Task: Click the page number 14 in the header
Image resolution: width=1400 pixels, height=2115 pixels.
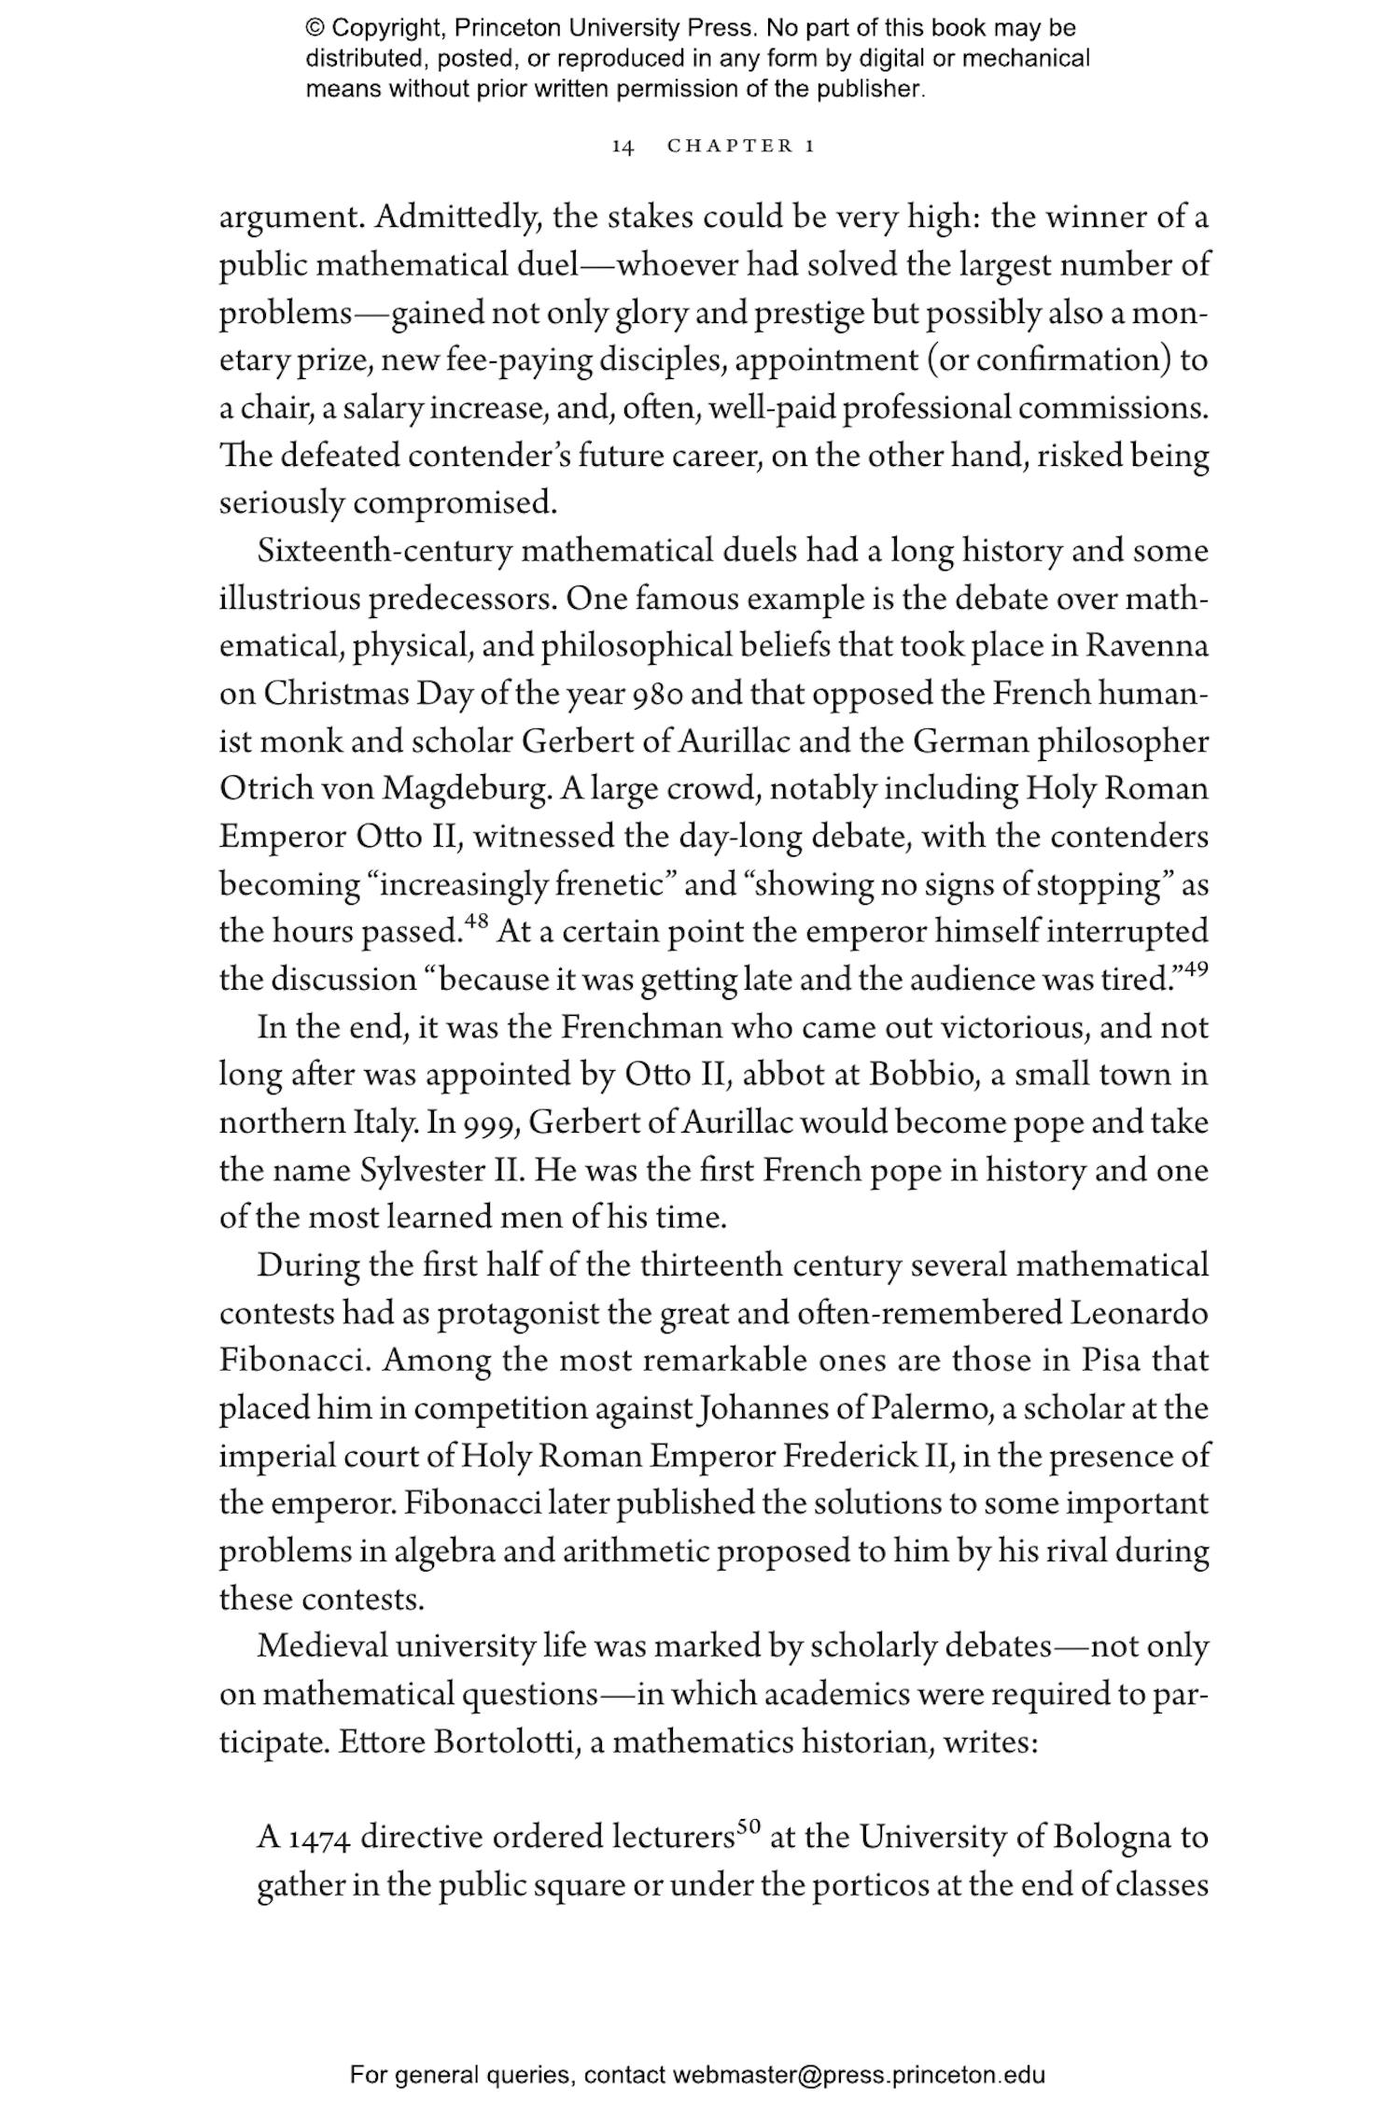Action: click(623, 147)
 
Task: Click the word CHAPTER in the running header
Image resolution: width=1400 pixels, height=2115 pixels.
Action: click(731, 147)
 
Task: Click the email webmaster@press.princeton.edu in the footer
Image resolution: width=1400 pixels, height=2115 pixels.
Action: click(858, 2076)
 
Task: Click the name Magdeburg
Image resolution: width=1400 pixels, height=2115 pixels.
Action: click(466, 789)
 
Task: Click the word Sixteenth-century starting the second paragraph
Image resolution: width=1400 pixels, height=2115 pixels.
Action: click(385, 552)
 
